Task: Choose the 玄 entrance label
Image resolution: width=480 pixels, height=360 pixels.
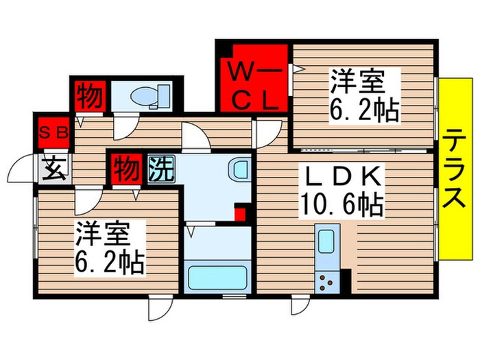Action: pos(52,167)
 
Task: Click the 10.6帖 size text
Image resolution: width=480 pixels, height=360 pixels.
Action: pos(340,204)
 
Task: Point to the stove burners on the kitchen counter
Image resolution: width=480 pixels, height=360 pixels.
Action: pos(325,279)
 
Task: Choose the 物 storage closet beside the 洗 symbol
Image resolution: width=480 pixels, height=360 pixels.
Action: pos(123,167)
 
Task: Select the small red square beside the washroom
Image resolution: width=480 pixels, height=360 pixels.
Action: pos(239,213)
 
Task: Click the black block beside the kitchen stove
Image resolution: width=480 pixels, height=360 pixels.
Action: pos(345,280)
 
